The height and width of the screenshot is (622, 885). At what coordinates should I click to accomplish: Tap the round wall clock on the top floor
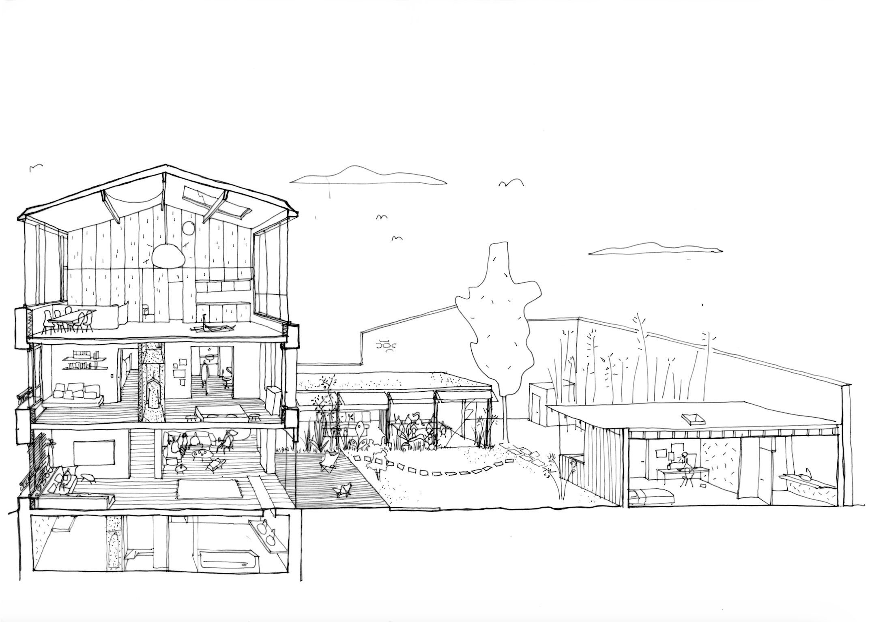188,229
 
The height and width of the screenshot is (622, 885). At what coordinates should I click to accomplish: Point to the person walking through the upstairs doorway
206,378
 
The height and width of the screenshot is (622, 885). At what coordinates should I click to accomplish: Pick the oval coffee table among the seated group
199,453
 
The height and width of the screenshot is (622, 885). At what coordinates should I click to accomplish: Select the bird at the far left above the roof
36,167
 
